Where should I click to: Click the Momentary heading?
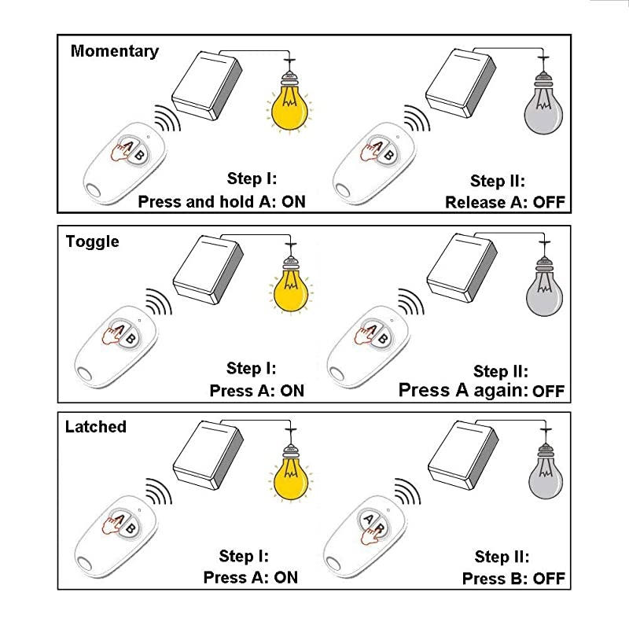pyautogui.click(x=115, y=52)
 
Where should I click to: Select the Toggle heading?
pyautogui.click(x=92, y=242)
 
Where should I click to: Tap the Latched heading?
pyautogui.click(x=95, y=426)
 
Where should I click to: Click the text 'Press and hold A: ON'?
pyautogui.click(x=222, y=201)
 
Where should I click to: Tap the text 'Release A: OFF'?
pyautogui.click(x=505, y=202)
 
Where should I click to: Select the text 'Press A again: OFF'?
pyautogui.click(x=481, y=390)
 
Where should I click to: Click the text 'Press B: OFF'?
pyautogui.click(x=513, y=579)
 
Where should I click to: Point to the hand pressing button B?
pyautogui.click(x=370, y=535)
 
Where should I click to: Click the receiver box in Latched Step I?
pyautogui.click(x=208, y=455)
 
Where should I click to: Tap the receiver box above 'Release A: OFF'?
pyautogui.click(x=461, y=83)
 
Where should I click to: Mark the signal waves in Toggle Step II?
pyautogui.click(x=410, y=303)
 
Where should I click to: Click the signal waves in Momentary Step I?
pyautogui.click(x=167, y=119)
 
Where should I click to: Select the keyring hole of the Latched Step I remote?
pyautogui.click(x=85, y=564)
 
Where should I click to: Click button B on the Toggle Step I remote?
pyautogui.click(x=130, y=339)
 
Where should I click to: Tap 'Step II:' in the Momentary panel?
pyautogui.click(x=498, y=182)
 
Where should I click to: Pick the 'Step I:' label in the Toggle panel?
pyautogui.click(x=252, y=368)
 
